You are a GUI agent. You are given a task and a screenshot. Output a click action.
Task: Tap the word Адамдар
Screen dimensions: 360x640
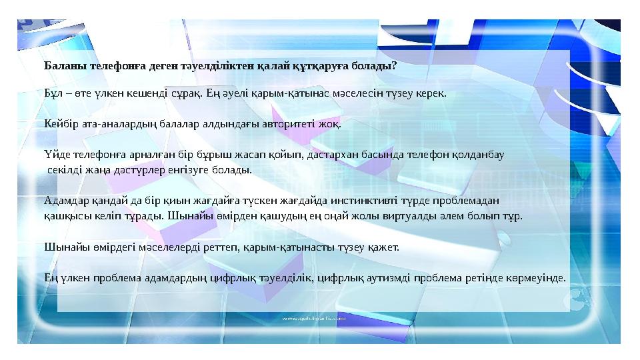coord(63,200)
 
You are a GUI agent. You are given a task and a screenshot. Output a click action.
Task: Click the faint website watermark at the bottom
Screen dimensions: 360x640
coord(317,319)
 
